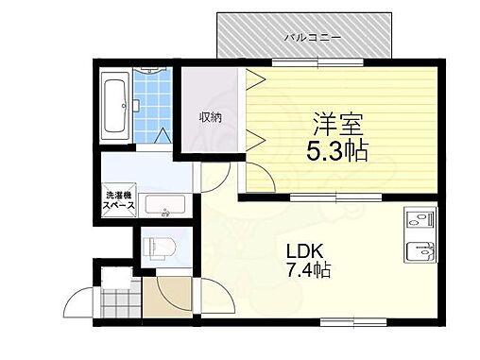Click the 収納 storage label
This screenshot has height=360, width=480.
coord(209,117)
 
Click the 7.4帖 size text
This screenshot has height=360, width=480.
coord(308,271)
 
